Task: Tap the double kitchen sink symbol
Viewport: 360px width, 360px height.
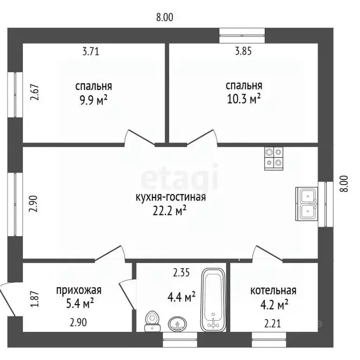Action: click(x=307, y=204)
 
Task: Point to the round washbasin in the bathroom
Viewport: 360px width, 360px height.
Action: click(x=177, y=323)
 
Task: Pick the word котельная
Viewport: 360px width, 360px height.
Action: click(x=273, y=291)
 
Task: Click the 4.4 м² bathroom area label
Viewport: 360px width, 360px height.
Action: click(x=181, y=297)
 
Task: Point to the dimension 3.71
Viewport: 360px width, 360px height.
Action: click(x=91, y=52)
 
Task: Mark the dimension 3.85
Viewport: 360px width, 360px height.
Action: click(x=243, y=52)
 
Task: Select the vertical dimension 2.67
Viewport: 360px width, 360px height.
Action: click(x=33, y=92)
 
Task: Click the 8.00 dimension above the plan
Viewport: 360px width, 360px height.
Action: click(x=165, y=17)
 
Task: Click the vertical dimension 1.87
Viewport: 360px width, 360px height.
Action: click(x=33, y=300)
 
